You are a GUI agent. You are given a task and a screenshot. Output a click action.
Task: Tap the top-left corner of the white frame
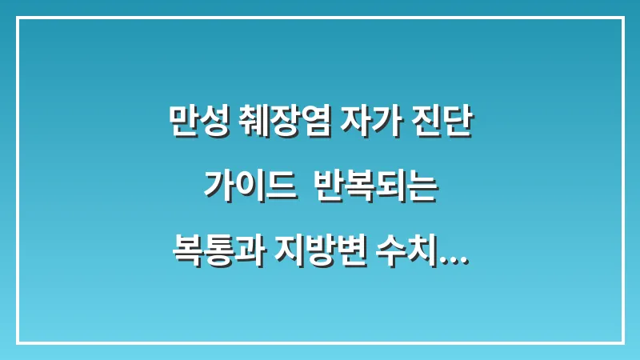pyautogui.click(x=17, y=18)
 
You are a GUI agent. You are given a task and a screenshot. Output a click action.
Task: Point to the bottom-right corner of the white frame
pyautogui.click(x=623, y=342)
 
